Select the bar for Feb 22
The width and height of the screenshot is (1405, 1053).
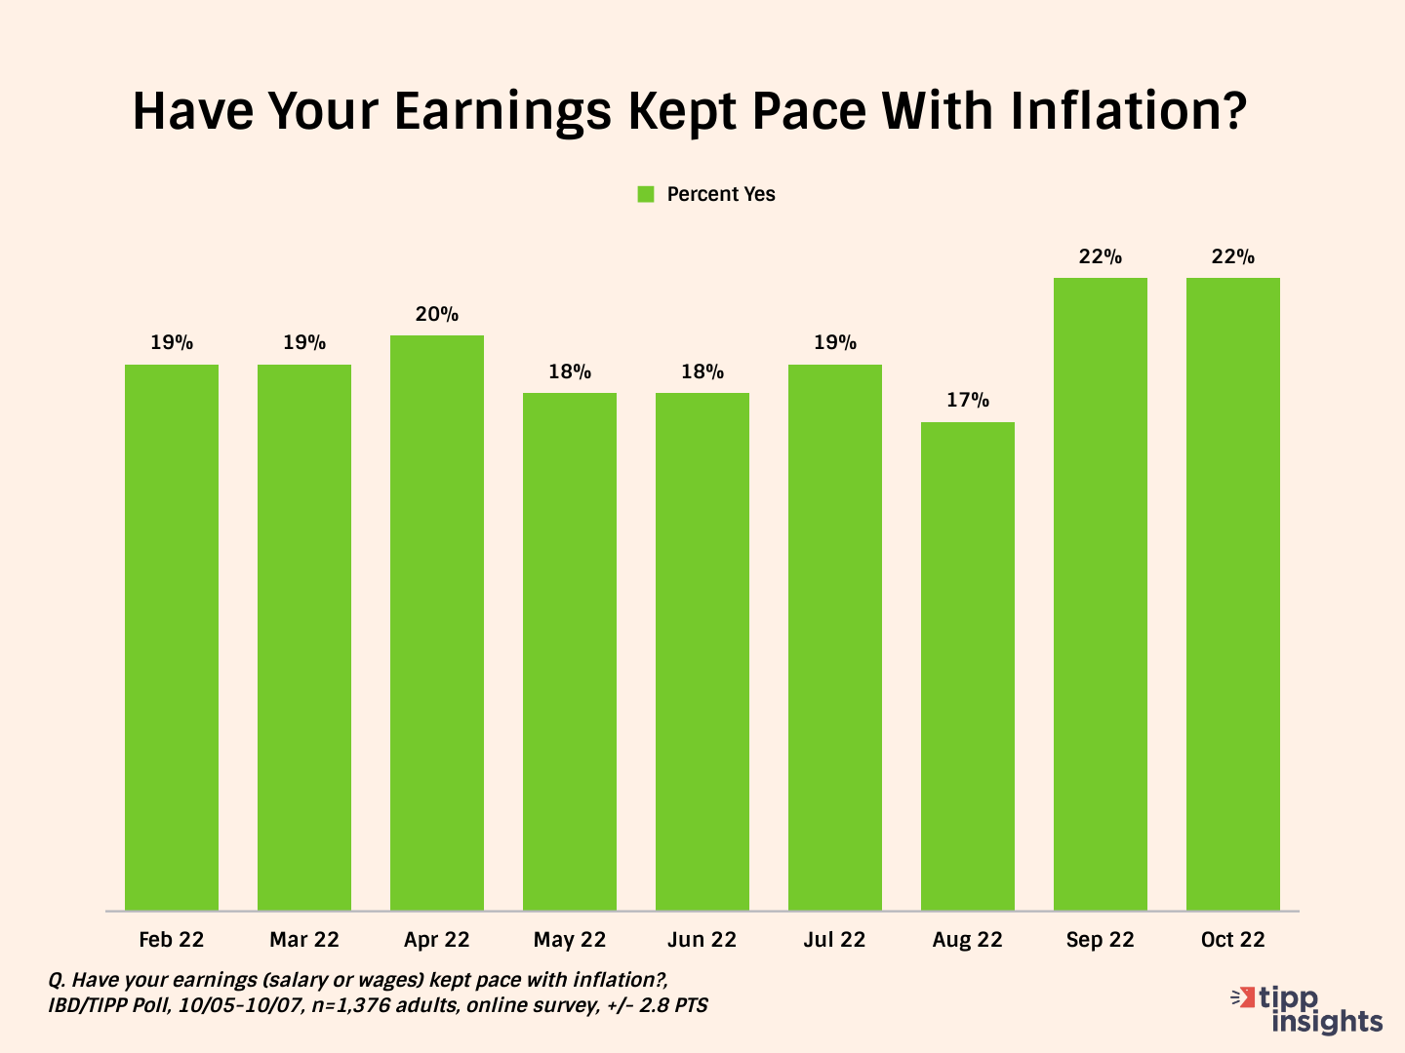point(172,638)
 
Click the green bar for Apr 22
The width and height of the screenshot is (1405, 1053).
point(437,623)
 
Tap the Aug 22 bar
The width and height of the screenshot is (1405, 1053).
point(968,667)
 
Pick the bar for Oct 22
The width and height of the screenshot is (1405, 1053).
point(1233,595)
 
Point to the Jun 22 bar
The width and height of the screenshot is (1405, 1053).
point(702,652)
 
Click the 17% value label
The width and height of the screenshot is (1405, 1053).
point(968,401)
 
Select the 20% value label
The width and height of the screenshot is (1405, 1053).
point(437,314)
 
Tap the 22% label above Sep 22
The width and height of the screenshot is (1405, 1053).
point(1101,256)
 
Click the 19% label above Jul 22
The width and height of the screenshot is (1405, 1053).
point(835,343)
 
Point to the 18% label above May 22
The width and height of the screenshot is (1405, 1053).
point(570,371)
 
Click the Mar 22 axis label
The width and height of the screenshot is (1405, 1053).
point(304,940)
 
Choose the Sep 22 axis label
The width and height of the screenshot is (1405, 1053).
point(1101,940)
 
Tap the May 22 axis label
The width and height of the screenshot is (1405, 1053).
point(570,940)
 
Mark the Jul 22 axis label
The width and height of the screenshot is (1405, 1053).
point(835,940)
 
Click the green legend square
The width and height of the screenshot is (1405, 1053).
point(646,194)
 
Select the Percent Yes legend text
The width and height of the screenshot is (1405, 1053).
point(721,194)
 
